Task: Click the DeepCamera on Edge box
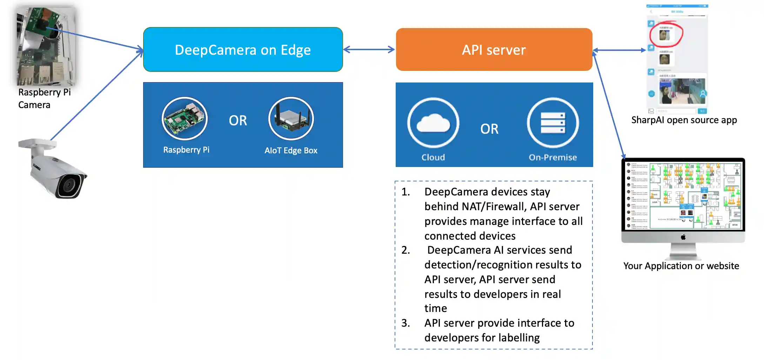(x=243, y=50)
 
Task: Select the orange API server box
(x=494, y=50)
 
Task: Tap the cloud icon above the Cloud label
(x=433, y=123)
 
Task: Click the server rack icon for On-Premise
(x=553, y=123)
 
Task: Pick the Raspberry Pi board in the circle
(x=185, y=119)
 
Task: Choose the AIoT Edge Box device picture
(x=291, y=119)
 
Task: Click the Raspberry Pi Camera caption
(x=44, y=99)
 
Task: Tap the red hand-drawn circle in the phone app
(x=666, y=34)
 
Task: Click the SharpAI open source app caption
(x=684, y=120)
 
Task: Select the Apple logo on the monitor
(x=683, y=237)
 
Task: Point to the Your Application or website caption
(x=681, y=266)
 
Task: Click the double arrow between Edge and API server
(x=369, y=50)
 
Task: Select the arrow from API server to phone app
(x=619, y=50)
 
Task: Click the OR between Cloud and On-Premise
(x=489, y=129)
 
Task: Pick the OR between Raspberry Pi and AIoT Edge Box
(x=238, y=121)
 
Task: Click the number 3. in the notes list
(x=406, y=323)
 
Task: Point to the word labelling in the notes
(x=519, y=338)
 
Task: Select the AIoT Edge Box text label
(x=291, y=151)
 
